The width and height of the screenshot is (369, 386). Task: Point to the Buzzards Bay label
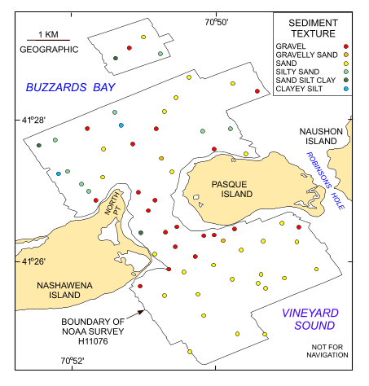(70, 87)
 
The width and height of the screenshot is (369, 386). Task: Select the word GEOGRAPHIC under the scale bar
(48, 50)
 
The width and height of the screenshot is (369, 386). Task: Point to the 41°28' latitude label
(32, 121)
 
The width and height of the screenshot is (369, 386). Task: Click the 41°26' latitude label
(32, 261)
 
